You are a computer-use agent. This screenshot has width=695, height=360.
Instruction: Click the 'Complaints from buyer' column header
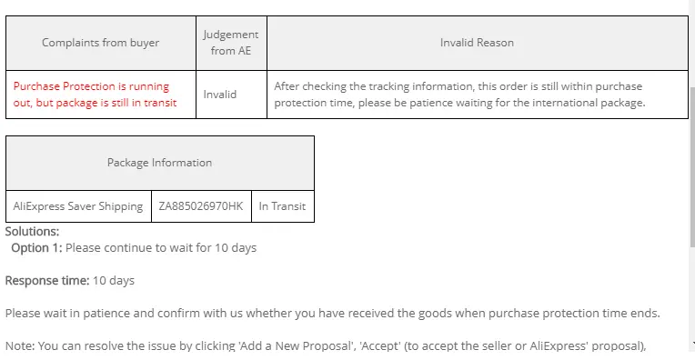point(101,43)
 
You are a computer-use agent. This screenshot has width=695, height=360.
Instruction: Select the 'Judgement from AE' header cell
point(231,43)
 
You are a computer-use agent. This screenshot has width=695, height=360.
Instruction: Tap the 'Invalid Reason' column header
point(477,43)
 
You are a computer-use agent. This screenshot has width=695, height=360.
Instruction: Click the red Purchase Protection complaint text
point(95,95)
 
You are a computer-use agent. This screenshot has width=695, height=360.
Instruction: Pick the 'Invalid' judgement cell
point(220,95)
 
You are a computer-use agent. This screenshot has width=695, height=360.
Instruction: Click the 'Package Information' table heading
point(159,163)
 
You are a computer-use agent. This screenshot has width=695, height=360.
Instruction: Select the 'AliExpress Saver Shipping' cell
point(78,206)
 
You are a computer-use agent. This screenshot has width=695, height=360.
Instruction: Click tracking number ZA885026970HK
point(201,206)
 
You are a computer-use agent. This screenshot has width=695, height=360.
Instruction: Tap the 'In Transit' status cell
point(282,206)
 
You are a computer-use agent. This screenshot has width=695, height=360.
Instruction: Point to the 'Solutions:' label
point(32,232)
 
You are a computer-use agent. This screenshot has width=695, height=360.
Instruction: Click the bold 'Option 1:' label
point(36,248)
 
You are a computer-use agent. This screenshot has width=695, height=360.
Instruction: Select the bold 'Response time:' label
point(47,281)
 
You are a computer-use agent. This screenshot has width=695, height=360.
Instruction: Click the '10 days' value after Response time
point(114,281)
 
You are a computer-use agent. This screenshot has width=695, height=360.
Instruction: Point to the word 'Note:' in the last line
point(20,345)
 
